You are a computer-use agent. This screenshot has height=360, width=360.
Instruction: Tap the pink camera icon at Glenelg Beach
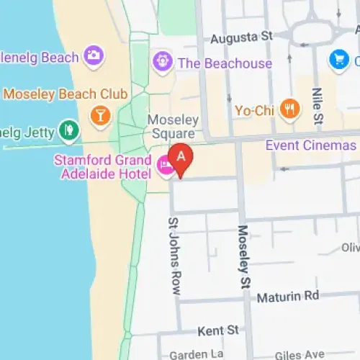point(94,55)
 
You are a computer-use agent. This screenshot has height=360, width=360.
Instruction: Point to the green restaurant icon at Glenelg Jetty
point(69,130)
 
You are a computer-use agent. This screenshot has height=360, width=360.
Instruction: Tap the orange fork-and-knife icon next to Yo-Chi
point(290,110)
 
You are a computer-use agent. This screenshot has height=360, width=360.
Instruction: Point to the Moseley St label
point(243,255)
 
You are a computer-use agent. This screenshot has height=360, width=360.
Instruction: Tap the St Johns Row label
point(174,256)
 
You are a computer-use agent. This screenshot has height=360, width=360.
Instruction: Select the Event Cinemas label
point(310,145)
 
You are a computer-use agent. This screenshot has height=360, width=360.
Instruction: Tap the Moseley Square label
point(171,127)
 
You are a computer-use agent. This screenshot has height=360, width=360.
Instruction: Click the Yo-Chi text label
point(256,111)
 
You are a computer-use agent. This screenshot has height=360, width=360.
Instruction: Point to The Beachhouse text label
point(225,63)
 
